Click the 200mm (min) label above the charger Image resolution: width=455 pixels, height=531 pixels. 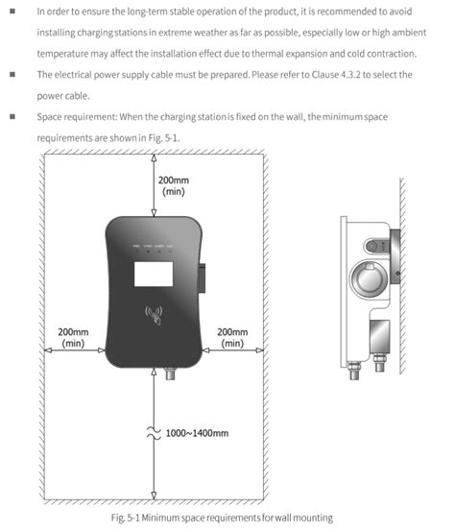coord(174,186)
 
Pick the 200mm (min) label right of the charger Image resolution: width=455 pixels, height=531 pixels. coord(232,337)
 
